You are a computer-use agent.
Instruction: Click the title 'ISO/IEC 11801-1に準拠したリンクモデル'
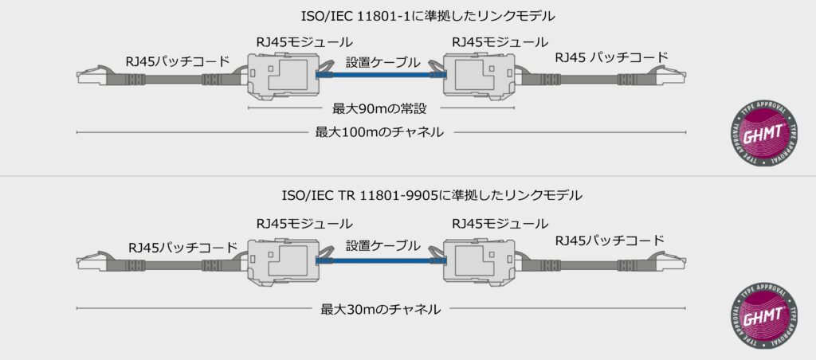coord(407,16)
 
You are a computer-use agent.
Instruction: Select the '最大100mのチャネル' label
coord(379,131)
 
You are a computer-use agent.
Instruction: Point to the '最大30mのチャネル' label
coord(381,309)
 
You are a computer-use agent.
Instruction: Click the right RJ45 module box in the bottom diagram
coord(479,259)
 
